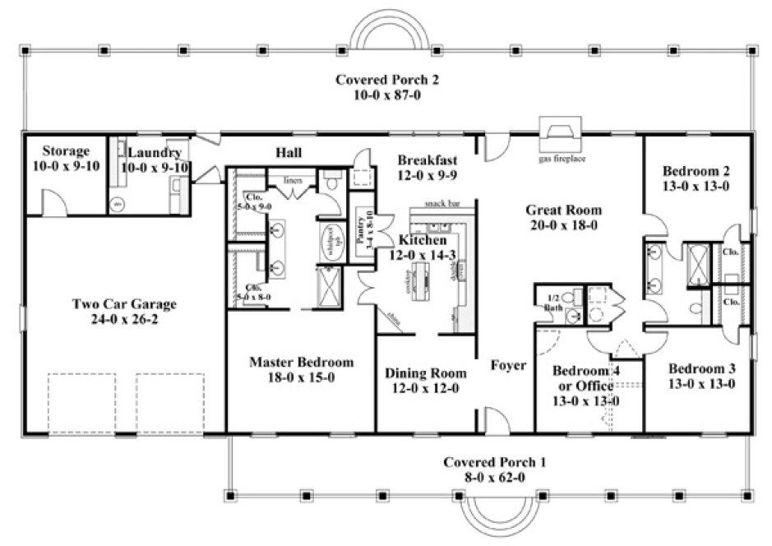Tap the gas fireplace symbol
click(562, 131)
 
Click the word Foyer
click(508, 365)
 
